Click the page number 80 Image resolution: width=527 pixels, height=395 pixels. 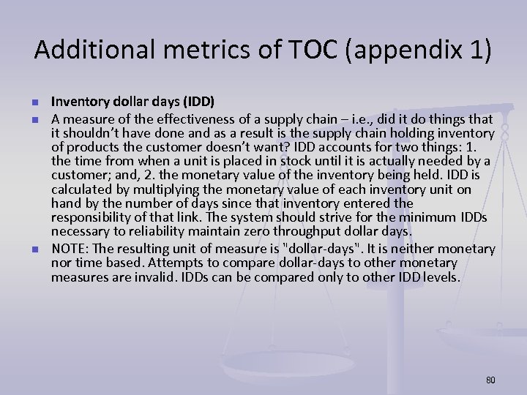[490, 380]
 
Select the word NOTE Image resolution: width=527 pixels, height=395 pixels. [67, 249]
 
